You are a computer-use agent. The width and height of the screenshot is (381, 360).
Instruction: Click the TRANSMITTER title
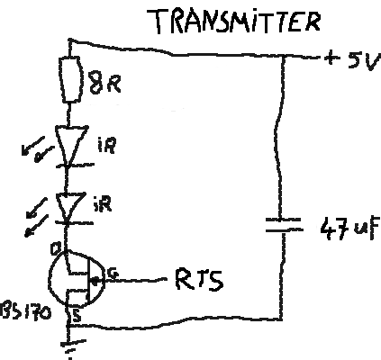[233, 21]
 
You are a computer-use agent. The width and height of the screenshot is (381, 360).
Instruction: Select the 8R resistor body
[70, 79]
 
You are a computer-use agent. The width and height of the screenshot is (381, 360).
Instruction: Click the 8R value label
[105, 83]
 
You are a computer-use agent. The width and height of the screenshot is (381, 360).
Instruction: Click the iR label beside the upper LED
[107, 145]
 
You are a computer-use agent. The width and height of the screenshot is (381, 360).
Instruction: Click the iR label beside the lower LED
[103, 204]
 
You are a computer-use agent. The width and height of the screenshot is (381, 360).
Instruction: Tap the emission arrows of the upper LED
[37, 149]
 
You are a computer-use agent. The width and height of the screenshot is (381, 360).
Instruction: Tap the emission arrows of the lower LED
[37, 217]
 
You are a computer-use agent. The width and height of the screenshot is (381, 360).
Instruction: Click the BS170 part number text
[26, 311]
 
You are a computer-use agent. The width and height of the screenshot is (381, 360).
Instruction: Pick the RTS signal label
[199, 280]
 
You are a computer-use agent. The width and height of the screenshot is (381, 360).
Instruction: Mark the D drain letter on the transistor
[56, 248]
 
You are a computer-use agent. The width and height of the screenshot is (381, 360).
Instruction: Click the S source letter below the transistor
[77, 316]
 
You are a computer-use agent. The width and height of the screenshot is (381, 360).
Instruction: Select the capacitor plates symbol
[284, 225]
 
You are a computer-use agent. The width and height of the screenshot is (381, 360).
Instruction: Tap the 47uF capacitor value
[349, 228]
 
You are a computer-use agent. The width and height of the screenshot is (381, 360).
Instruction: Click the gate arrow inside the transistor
[95, 282]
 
